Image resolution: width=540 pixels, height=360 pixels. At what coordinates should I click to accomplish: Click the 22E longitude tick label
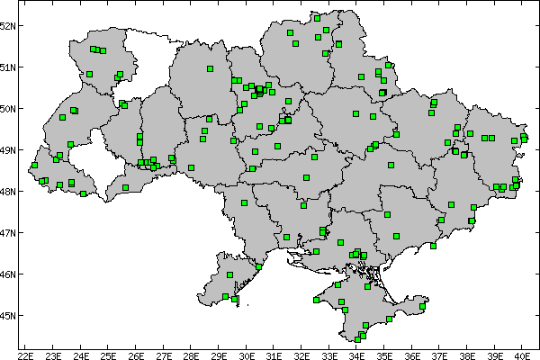pyautogui.click(x=26, y=355)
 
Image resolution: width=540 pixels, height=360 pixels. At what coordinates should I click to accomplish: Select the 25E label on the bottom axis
pyautogui.click(x=109, y=355)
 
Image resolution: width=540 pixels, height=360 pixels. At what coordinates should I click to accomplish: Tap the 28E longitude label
pyautogui.click(x=192, y=355)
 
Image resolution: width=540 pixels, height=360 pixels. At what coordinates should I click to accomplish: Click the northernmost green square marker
pyautogui.click(x=317, y=17)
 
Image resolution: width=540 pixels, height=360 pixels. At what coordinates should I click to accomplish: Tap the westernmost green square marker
pyautogui.click(x=34, y=165)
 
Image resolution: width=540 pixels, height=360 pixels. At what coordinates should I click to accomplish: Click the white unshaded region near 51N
pyautogui.click(x=148, y=58)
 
